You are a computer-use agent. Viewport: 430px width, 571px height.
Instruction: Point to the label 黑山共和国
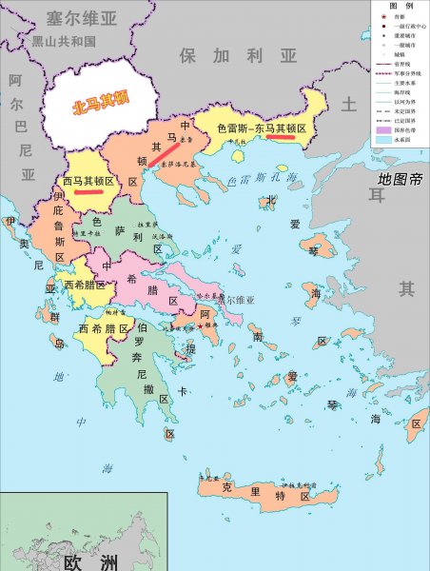(63, 42)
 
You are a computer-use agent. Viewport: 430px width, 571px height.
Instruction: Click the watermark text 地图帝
(399, 178)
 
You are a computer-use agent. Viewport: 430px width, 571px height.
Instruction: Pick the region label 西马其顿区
(88, 179)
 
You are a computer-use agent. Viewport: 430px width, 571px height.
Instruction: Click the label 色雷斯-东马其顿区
(262, 127)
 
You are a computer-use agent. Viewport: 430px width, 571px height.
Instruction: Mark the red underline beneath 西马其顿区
(88, 190)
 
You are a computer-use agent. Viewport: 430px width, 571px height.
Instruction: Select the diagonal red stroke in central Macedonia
(163, 152)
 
